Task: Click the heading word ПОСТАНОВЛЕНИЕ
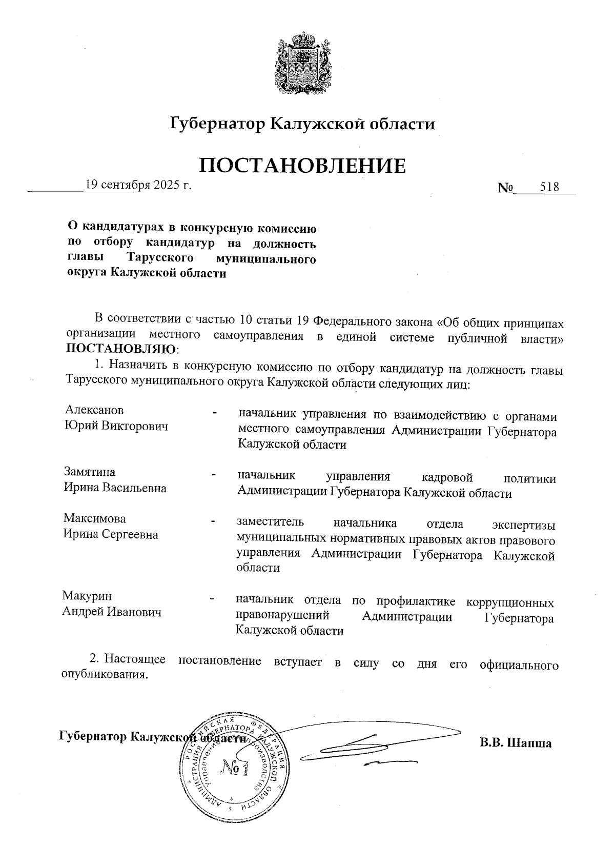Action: pos(302,165)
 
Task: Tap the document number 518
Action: pos(549,187)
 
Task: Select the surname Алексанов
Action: pos(94,410)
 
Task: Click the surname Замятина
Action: pos(90,472)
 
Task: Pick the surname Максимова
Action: pos(94,518)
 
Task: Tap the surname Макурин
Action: pos(87,596)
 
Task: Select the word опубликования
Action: pos(105,674)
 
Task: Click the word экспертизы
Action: pos(523,524)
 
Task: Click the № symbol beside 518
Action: pos(505,188)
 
